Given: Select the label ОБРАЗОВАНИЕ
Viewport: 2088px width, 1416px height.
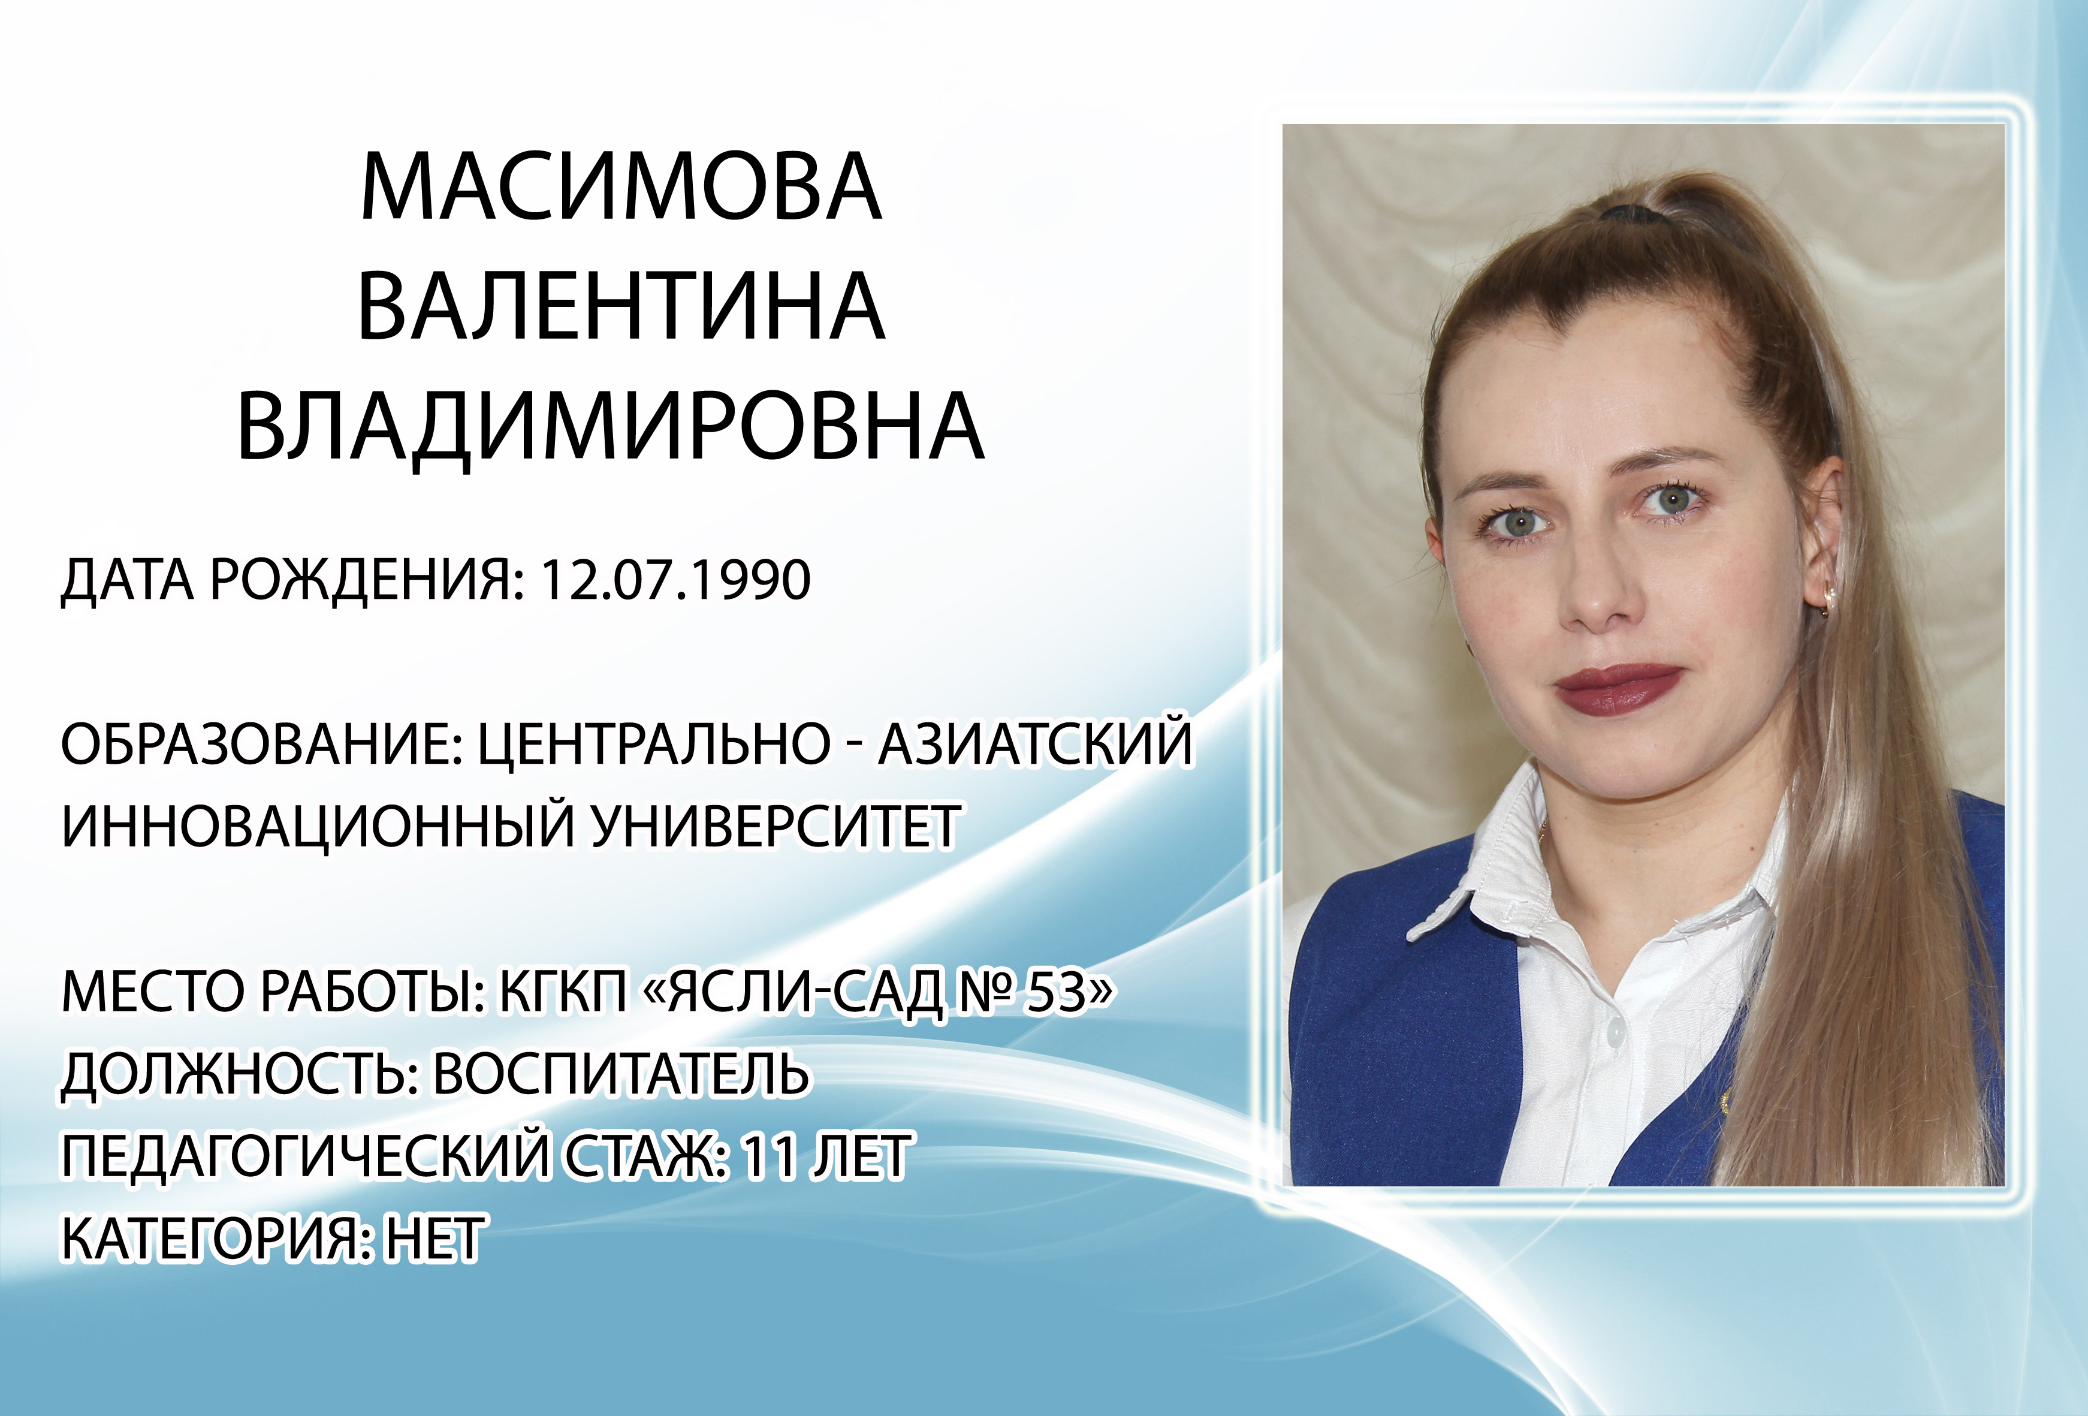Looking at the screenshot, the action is [x=261, y=744].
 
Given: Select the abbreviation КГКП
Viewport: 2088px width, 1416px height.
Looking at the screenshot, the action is [x=563, y=992].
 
